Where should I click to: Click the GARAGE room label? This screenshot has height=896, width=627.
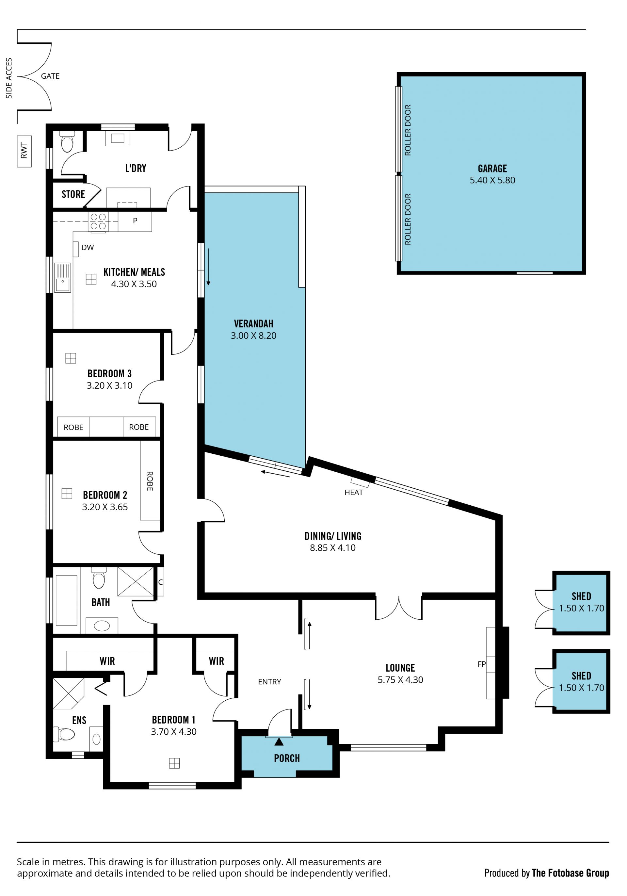(492, 169)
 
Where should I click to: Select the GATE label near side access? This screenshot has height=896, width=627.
(50, 76)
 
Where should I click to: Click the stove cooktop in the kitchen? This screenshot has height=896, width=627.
(98, 221)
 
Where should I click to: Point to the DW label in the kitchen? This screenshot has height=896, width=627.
(88, 247)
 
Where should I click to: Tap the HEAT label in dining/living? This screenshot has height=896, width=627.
(353, 493)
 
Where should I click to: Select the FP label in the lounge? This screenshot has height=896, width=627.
(481, 664)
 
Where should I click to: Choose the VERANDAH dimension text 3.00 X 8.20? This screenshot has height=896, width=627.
(254, 335)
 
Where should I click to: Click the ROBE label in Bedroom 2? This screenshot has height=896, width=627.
(150, 481)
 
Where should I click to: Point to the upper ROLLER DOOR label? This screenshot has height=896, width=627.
(408, 130)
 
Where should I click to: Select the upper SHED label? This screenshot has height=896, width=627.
(581, 596)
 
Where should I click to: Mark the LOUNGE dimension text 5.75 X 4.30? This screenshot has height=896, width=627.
(400, 680)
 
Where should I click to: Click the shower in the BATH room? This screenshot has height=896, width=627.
(136, 581)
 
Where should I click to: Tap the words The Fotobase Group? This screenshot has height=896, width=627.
(570, 873)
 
